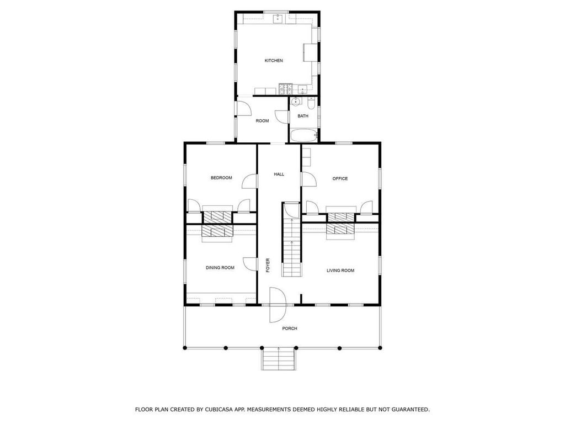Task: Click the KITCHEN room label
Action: point(274,61)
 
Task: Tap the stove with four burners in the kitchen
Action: point(285,88)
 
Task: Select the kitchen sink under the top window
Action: point(278,19)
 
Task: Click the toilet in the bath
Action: point(311,103)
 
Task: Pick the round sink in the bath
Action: point(296,102)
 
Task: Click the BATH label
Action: point(303,116)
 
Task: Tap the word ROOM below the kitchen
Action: point(262,121)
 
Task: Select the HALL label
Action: point(279,174)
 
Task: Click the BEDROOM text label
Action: point(221,178)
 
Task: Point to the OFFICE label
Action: point(340,178)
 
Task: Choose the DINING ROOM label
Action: point(220,268)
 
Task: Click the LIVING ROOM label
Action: point(340,271)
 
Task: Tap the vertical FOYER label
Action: point(268,265)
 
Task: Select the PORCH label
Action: point(290,328)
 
